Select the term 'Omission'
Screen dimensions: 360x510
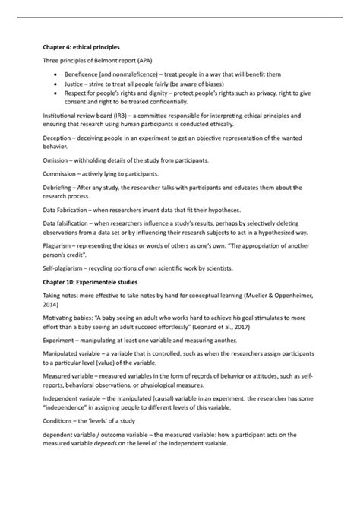coord(57,160)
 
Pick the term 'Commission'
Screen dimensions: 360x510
coord(61,174)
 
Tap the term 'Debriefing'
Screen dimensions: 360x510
coord(58,187)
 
